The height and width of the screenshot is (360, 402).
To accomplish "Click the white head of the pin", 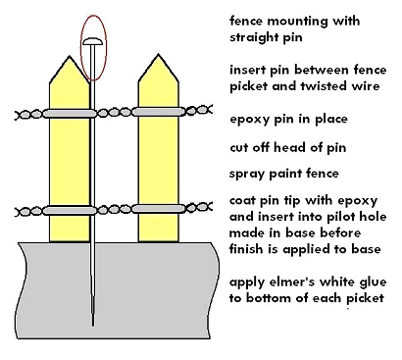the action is (x=93, y=41).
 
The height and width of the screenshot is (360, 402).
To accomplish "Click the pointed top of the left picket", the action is (x=70, y=56).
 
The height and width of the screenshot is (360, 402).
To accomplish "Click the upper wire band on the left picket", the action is (x=70, y=113).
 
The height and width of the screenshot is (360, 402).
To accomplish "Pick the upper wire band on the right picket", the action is (x=159, y=112).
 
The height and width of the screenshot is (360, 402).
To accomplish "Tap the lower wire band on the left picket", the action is (x=70, y=210).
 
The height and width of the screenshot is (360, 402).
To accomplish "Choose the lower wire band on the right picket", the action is (x=159, y=208).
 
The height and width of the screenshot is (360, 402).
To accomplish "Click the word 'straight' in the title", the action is (x=254, y=37).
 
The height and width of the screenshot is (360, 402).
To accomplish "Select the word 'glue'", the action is (x=372, y=283).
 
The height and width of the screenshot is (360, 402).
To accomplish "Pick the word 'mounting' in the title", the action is (x=297, y=22).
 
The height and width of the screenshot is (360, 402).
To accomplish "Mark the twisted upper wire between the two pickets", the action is (x=114, y=113).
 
